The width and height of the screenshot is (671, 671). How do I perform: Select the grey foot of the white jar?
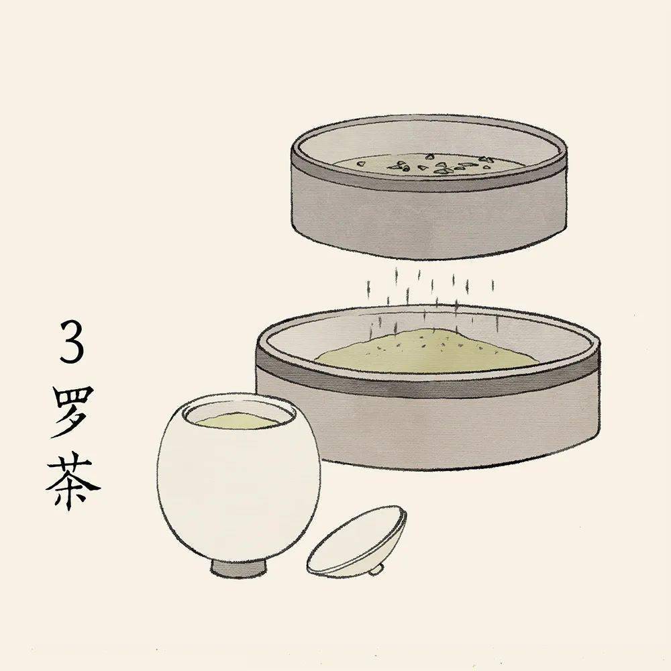pyautogui.click(x=240, y=567)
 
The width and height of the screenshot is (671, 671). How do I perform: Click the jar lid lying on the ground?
pyautogui.click(x=356, y=540)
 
